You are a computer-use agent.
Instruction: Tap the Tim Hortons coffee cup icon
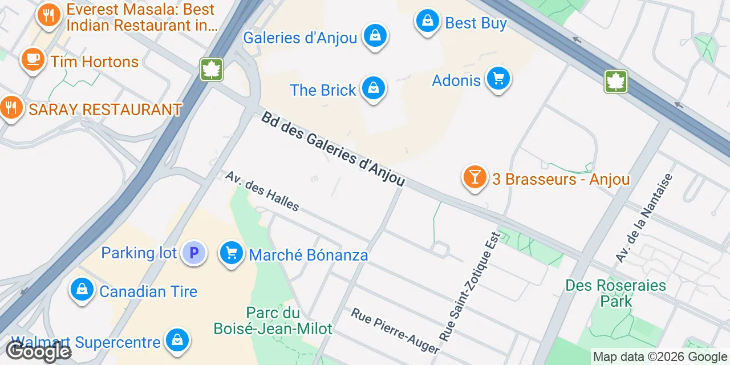point(33,59)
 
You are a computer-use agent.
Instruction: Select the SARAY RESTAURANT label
point(105,109)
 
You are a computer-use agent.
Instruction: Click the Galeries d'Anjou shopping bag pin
point(375,35)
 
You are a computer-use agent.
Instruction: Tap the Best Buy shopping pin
point(427,21)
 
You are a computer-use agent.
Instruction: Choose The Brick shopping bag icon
point(373,88)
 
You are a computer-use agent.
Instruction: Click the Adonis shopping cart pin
point(498,78)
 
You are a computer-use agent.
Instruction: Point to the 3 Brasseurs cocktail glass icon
point(474,177)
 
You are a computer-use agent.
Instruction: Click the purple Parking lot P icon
point(193,253)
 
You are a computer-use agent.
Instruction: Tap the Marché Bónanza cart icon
point(232,253)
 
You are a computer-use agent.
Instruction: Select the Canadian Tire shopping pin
point(83,290)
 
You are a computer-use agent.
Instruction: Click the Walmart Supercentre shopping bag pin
point(177,340)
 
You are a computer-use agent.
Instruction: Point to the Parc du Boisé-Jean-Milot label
point(273,321)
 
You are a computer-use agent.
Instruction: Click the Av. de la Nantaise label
point(644,218)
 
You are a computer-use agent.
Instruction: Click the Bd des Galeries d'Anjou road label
point(333,149)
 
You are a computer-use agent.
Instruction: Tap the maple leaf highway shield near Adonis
point(615,82)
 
